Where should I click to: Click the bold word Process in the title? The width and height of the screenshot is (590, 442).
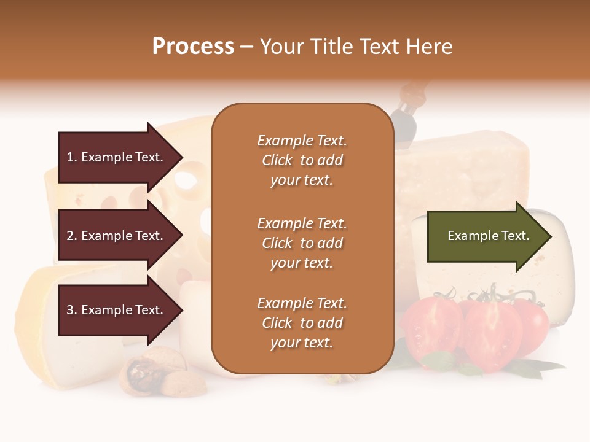coord(193,46)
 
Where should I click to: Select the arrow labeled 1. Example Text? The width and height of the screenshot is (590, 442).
coord(117,157)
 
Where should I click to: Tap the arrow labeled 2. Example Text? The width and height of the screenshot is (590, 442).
coord(117,236)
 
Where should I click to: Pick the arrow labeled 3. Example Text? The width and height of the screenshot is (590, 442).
coord(117,310)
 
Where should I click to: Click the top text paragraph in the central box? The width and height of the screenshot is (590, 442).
coord(302,160)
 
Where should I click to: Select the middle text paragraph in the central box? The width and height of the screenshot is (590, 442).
coord(302,243)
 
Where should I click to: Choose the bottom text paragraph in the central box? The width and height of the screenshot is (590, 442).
coord(302,323)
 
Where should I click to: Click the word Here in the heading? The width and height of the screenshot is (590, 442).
coord(429,46)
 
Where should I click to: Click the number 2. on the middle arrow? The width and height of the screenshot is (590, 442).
coord(72,236)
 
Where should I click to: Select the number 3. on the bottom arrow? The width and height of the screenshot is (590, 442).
coord(72,310)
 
